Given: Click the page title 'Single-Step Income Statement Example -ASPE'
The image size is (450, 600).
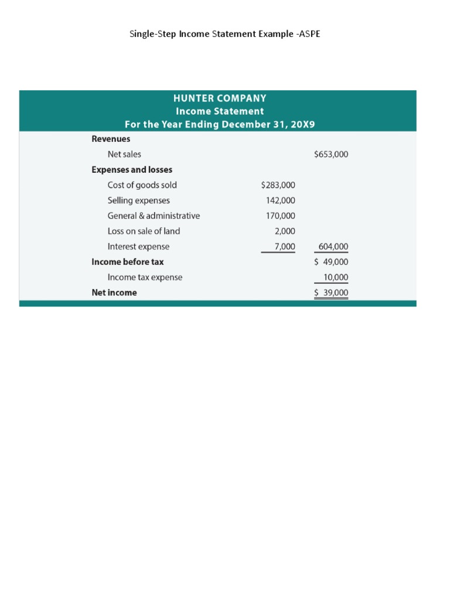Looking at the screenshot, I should tap(224, 34).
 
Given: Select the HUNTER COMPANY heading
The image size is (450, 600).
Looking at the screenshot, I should tap(220, 98).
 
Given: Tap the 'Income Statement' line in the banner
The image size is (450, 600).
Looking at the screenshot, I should tap(220, 111).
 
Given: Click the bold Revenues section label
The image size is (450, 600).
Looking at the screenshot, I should tap(111, 139).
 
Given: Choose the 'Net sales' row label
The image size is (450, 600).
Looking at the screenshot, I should tap(124, 154).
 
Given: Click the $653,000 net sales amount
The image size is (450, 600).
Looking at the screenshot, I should tap(331, 154).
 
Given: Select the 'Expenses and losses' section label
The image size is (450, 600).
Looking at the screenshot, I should tap(132, 169).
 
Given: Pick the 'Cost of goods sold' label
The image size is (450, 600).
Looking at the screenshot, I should tap(142, 185).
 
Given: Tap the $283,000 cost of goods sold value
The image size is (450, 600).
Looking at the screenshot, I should tap(278, 185).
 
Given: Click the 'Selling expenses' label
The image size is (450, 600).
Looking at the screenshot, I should tap(138, 200).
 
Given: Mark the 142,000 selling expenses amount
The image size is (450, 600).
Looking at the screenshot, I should tap(281, 200).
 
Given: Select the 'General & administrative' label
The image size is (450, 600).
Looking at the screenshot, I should tap(154, 216).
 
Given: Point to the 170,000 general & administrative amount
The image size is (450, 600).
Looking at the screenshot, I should tap(281, 216).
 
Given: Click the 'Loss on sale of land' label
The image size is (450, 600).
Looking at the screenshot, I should tap(144, 231).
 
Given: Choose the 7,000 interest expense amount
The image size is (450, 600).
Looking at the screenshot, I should tap(285, 247).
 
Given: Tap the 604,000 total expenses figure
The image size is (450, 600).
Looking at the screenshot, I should tap(333, 247).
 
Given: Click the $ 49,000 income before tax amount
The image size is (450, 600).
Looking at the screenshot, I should tap(331, 262).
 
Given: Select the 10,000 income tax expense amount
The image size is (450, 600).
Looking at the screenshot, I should tap(335, 277).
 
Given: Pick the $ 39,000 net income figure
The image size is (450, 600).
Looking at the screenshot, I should tap(331, 293).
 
